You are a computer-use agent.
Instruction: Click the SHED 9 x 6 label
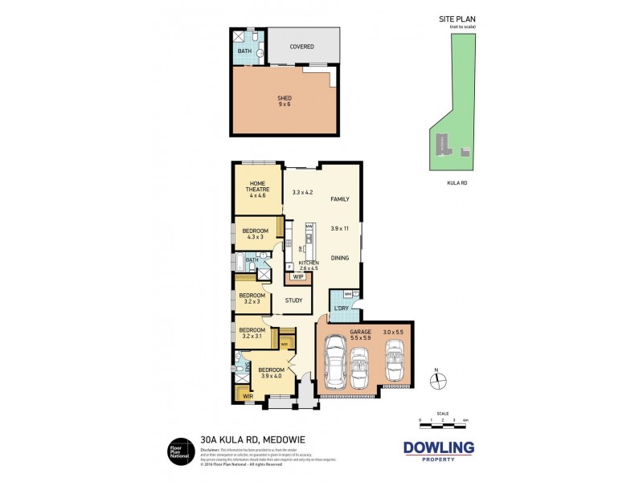285,101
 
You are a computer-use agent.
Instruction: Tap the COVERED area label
302,47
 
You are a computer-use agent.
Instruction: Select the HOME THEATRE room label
257,189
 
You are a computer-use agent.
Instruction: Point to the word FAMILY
341,198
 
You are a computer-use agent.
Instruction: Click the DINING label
341,257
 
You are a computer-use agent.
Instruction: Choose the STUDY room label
294,300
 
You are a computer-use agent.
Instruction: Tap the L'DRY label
342,309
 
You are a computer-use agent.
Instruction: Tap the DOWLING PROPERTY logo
437,451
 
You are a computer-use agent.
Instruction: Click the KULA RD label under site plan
457,183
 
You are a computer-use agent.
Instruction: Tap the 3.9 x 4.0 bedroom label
271,373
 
